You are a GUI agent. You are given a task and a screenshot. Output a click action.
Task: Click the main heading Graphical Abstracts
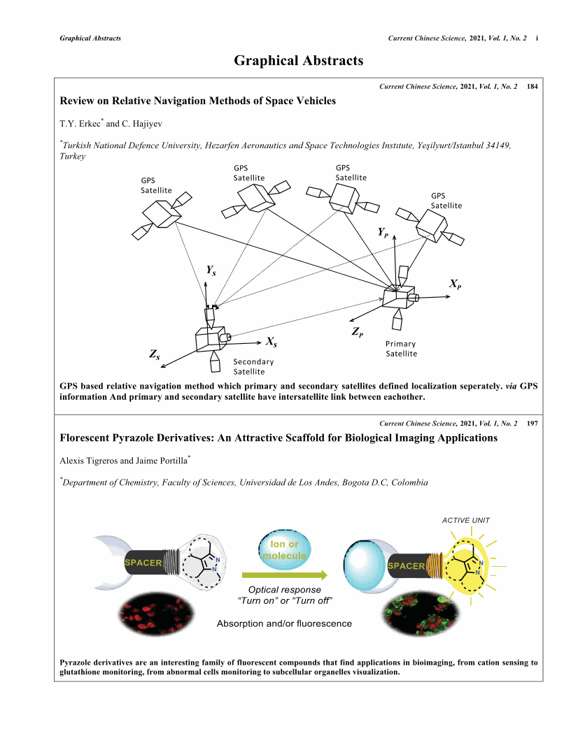[x=298, y=61]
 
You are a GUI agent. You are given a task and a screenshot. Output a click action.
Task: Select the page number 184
[x=533, y=86]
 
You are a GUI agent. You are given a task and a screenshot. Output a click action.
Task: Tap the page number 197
[x=533, y=424]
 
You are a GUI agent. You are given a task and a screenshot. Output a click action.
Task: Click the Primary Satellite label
[x=401, y=349]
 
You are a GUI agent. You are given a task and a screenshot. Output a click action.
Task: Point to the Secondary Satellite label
[x=253, y=366]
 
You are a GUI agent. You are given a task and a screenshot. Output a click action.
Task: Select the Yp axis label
[x=383, y=231]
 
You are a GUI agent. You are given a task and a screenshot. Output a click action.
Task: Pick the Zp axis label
[x=357, y=331]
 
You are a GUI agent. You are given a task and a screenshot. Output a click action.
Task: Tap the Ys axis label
[x=211, y=270]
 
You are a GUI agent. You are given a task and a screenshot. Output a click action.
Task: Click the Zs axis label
[x=155, y=354]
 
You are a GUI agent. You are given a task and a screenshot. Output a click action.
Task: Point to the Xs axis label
[x=272, y=342]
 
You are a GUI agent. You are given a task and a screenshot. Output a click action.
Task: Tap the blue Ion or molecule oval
[x=285, y=550]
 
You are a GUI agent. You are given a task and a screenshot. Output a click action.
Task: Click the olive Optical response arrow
[x=285, y=574]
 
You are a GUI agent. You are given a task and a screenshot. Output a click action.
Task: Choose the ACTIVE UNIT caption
[x=466, y=520]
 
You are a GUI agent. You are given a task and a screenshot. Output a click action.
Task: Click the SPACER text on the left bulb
[x=143, y=562]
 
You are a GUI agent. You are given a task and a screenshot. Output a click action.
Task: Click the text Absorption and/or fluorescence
[x=284, y=623]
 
